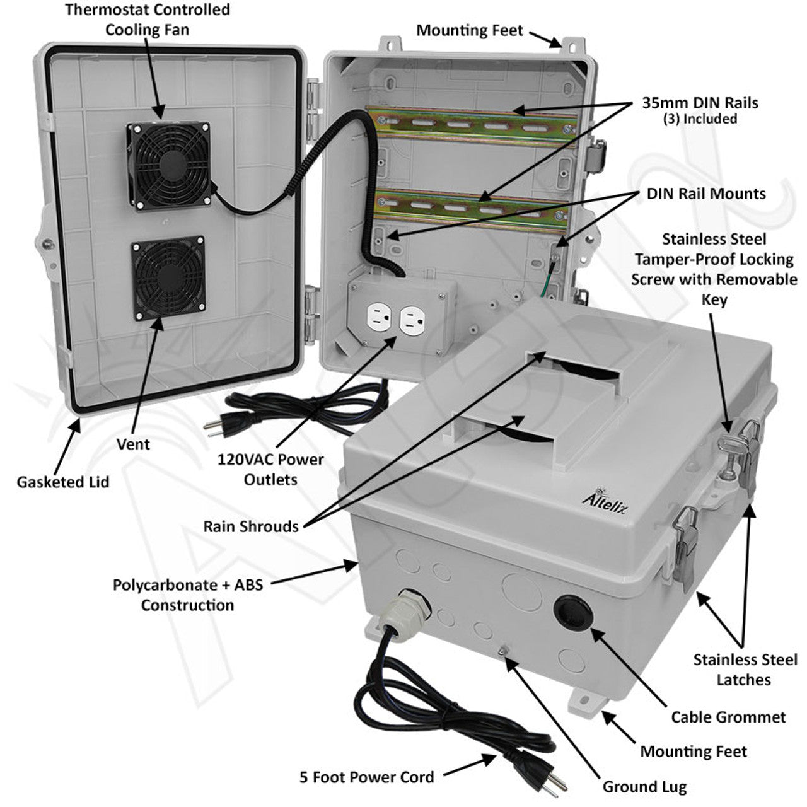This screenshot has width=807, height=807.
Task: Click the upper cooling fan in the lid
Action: (x=169, y=166)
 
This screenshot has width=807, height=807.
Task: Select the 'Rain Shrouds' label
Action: (x=251, y=526)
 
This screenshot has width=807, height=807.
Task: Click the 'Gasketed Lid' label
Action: (x=63, y=482)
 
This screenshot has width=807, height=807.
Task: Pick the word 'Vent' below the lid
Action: (x=134, y=444)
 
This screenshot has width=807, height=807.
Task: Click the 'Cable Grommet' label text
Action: (x=728, y=717)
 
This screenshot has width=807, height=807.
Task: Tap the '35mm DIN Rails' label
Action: (x=700, y=102)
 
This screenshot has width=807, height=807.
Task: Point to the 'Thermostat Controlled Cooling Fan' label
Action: (x=148, y=20)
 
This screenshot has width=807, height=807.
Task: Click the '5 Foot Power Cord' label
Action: (x=366, y=776)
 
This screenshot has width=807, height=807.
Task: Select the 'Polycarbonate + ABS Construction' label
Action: (x=188, y=595)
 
